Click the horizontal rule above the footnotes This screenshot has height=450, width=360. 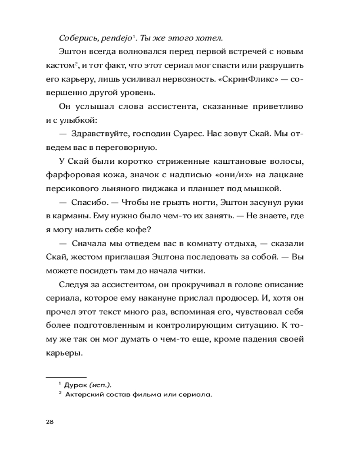pyautogui.click(x=66, y=376)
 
